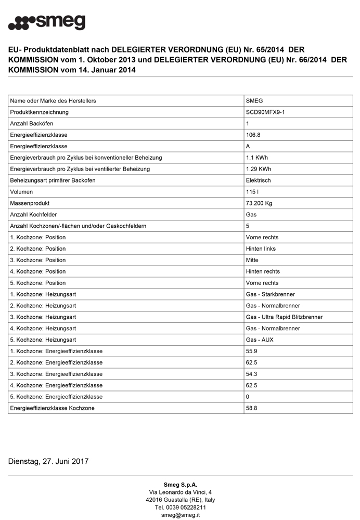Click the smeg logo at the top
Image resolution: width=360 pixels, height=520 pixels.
point(47,22)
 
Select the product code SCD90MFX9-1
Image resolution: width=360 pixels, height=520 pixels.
point(265,112)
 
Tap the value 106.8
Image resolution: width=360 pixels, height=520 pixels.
point(253,135)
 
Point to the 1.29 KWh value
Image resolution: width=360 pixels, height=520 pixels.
point(258,169)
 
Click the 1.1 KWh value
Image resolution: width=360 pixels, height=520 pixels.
point(257,158)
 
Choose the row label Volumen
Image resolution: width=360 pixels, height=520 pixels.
point(22,192)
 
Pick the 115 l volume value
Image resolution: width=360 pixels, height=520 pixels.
point(252,192)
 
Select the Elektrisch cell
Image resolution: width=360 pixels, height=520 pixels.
point(258,180)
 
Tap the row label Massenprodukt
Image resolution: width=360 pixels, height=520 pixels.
point(30,203)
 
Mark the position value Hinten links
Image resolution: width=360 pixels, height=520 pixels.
point(261,249)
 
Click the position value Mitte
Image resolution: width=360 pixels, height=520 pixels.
point(252,260)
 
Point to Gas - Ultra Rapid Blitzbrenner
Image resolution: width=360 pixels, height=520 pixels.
point(284,317)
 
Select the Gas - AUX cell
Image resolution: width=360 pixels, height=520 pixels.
point(260,340)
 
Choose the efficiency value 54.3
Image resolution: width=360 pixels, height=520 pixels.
point(251,374)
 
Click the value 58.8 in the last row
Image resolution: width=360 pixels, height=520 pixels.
point(251,408)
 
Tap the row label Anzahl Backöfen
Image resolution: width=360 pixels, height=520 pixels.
point(32,124)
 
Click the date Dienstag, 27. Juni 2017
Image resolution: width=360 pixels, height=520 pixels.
point(48,461)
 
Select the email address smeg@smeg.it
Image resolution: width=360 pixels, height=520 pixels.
point(181,515)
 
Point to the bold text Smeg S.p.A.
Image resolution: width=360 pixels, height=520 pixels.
point(181,485)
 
